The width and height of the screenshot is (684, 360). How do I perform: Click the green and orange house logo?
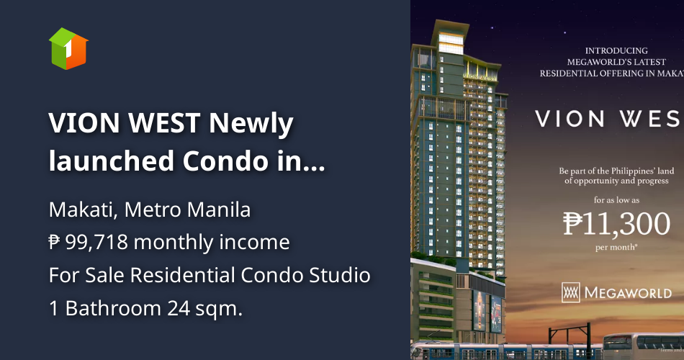pos(68,49)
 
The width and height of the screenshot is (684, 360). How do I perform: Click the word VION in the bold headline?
pos(86,124)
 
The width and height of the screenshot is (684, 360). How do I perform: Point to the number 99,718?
pos(96,243)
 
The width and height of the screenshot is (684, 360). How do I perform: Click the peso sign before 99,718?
pos(54,243)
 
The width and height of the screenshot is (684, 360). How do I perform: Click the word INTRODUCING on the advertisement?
pos(616,51)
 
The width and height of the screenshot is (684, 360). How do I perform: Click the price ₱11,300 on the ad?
pos(616,224)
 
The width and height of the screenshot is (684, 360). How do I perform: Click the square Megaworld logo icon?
pos(570,292)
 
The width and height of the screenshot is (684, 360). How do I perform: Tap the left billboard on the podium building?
pos(480,310)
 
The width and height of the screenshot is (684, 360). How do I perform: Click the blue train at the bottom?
pos(504,351)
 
